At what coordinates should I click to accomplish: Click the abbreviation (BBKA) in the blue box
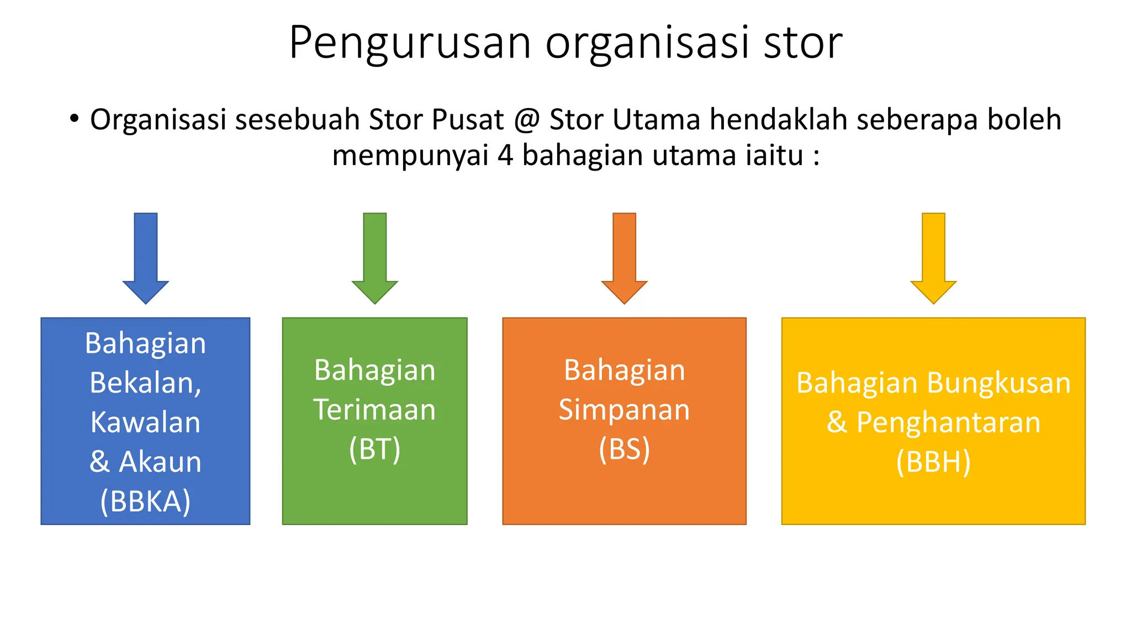tap(145, 501)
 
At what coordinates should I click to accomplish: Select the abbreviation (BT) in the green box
tap(374, 449)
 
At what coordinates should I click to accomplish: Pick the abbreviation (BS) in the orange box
tap(624, 449)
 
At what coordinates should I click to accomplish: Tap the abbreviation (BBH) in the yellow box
tap(933, 462)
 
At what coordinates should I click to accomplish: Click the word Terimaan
tap(374, 410)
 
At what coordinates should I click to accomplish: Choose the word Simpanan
tap(624, 410)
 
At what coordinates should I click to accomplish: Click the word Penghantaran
tap(948, 422)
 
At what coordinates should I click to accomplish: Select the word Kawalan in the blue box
tap(145, 422)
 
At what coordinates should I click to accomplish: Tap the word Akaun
tap(160, 462)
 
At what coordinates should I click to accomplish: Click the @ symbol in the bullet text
tap(527, 120)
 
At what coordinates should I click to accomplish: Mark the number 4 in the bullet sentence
tap(505, 155)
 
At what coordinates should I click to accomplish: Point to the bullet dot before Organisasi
tap(75, 118)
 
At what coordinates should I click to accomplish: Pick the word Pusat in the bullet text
tap(468, 120)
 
